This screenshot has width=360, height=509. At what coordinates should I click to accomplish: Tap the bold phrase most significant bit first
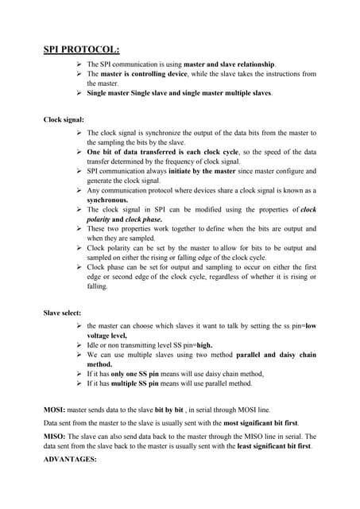tap(244, 422)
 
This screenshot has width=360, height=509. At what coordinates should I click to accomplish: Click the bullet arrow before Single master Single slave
tap(77, 93)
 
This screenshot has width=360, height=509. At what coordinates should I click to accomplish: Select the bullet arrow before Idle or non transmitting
tap(77, 345)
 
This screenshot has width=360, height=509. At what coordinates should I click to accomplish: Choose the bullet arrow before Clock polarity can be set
tap(77, 248)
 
